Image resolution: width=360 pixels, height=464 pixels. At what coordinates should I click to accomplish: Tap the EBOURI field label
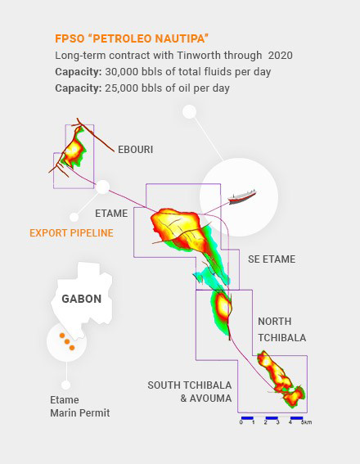click(x=135, y=150)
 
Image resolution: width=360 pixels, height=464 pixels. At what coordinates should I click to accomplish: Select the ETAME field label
click(x=111, y=214)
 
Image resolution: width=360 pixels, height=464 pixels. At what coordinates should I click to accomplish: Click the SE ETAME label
click(x=272, y=259)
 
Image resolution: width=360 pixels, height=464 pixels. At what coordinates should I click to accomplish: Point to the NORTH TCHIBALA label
click(x=281, y=330)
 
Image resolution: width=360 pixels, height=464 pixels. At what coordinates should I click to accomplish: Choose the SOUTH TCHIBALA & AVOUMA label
click(x=189, y=391)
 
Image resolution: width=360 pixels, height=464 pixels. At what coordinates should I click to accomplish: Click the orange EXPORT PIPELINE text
click(x=71, y=233)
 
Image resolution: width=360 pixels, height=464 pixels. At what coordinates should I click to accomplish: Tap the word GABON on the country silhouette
click(x=82, y=299)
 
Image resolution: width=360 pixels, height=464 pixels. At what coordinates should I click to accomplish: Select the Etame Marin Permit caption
click(x=79, y=407)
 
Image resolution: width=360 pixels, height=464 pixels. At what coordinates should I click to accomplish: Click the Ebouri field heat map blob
click(x=75, y=147)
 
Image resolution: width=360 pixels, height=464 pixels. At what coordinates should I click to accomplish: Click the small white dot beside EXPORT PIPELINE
click(x=74, y=218)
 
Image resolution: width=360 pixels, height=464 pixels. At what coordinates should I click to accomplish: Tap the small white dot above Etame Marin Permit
click(x=65, y=385)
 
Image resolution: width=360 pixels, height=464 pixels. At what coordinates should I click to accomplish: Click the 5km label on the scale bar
click(x=306, y=422)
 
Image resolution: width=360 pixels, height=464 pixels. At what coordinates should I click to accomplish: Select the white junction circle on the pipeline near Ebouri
click(x=102, y=187)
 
